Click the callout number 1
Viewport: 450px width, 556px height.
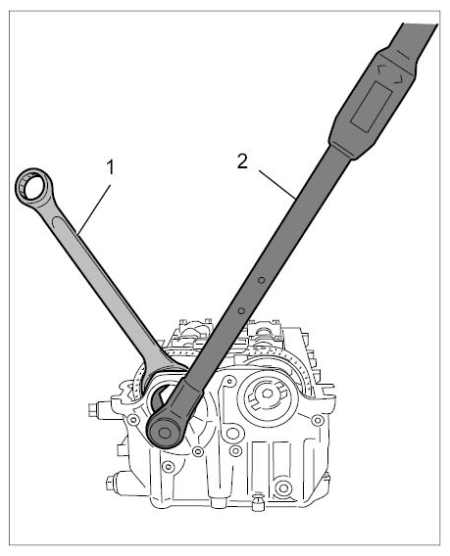(111, 167)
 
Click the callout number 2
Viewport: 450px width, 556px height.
(242, 162)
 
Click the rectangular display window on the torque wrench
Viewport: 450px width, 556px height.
(372, 105)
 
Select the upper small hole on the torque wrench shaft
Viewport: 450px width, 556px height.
(262, 280)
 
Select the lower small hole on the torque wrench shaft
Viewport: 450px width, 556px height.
(241, 311)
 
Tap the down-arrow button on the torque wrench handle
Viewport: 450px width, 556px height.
(399, 79)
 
